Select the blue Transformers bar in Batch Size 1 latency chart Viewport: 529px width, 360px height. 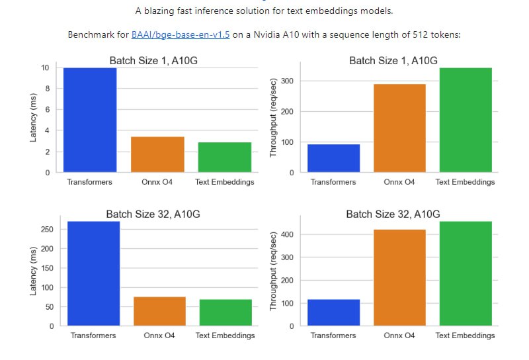[x=90, y=120]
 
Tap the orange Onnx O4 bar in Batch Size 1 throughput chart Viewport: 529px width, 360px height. [x=399, y=128]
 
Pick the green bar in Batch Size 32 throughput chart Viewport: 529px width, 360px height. [x=465, y=273]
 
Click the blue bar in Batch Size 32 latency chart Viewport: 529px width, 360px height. [x=93, y=273]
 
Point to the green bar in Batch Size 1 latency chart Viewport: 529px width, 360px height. [x=224, y=157]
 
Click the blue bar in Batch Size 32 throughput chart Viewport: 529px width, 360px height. [x=334, y=312]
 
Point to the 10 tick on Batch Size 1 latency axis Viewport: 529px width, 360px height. [x=44, y=67]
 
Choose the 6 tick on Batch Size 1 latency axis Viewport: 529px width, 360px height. [x=46, y=110]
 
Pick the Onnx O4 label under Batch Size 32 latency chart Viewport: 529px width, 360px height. [x=159, y=336]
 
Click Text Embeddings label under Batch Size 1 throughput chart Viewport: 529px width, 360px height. [x=465, y=182]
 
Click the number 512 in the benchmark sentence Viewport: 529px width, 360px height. [x=414, y=34]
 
